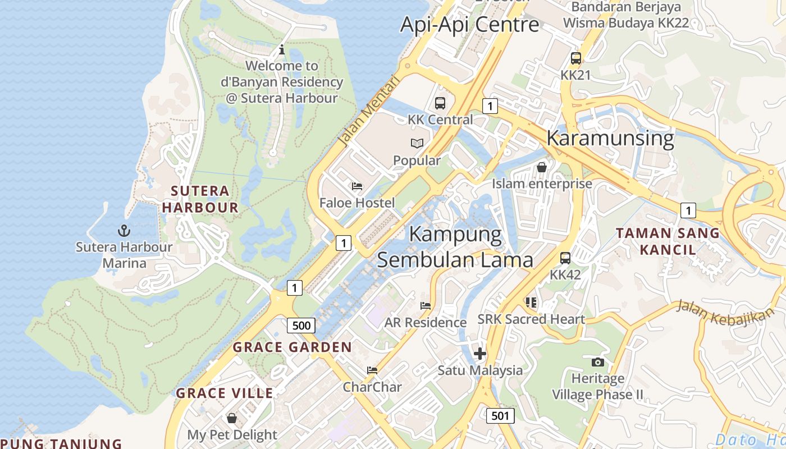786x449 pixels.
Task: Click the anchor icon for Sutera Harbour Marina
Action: [x=124, y=230]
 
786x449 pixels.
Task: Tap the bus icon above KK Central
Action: [x=440, y=103]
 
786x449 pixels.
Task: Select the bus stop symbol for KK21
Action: [x=575, y=58]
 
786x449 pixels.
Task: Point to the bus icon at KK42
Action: [x=565, y=258]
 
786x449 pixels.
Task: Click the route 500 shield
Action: [x=301, y=326]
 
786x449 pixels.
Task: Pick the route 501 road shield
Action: [x=500, y=415]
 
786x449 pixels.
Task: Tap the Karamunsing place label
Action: [x=610, y=138]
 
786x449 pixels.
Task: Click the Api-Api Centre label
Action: [x=469, y=25]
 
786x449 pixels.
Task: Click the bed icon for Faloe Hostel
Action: [x=357, y=186]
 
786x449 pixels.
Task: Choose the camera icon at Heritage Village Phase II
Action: [x=598, y=362]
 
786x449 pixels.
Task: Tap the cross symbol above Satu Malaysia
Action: [x=480, y=354]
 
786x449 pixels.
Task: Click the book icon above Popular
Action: [x=417, y=144]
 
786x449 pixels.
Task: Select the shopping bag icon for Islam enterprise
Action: [x=542, y=167]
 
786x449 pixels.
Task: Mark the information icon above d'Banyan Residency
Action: [x=282, y=50]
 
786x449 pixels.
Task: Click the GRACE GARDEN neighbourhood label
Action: [x=292, y=347]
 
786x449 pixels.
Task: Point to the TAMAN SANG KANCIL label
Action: [x=668, y=241]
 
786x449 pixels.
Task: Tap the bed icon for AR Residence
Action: [x=426, y=306]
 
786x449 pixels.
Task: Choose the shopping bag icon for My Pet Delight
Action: [x=232, y=418]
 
